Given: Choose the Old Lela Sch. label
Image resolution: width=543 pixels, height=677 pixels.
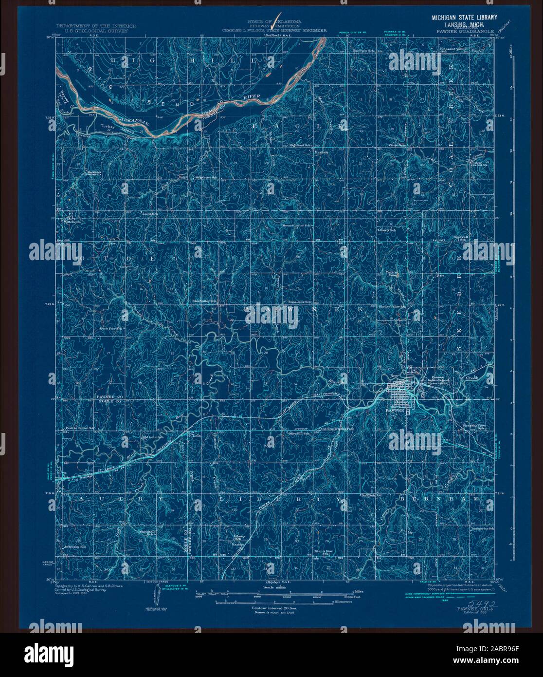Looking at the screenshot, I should click(x=151, y=437).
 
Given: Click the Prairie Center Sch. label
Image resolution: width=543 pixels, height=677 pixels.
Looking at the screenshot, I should click(x=80, y=429).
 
